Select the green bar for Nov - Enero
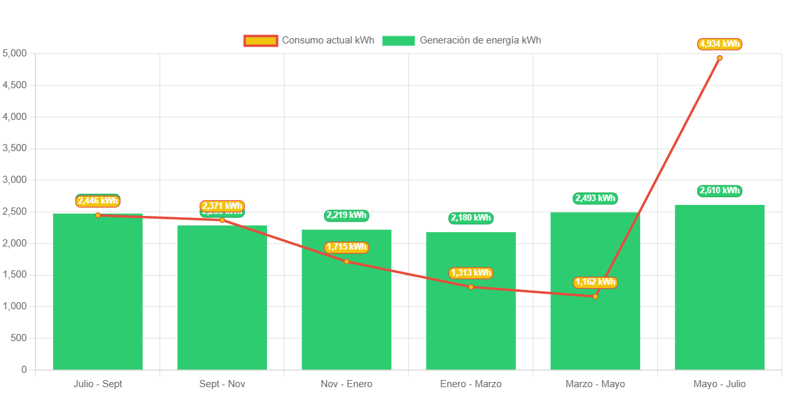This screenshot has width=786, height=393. (347, 311)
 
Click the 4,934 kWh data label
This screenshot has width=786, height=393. (719, 44)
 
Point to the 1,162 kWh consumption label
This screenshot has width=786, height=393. (595, 283)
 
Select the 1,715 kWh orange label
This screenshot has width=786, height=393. (346, 247)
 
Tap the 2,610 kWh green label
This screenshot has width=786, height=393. (719, 191)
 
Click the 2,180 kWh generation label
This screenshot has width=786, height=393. (470, 218)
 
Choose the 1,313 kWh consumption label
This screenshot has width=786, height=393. (470, 273)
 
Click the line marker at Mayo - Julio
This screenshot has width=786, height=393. (719, 58)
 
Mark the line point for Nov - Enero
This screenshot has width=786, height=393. (347, 261)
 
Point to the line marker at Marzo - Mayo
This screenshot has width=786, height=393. (595, 296)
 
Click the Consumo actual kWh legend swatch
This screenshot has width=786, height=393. (260, 41)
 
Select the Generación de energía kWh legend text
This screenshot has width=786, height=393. (480, 40)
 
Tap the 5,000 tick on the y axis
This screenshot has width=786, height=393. (14, 53)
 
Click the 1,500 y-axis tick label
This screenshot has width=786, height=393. (14, 275)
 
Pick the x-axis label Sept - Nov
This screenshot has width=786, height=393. (222, 384)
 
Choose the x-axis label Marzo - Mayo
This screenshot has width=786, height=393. (595, 384)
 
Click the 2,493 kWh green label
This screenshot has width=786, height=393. (595, 198)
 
